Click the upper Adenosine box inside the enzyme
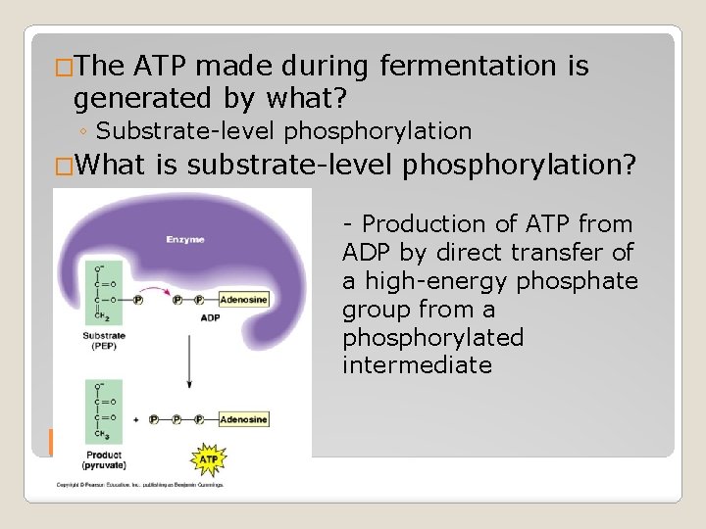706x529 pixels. (x=243, y=301)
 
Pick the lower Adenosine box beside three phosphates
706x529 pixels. (x=243, y=418)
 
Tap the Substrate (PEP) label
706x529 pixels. (x=104, y=339)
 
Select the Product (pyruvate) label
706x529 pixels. (x=104, y=460)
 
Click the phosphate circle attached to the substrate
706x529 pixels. (x=138, y=301)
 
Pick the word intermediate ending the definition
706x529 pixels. (x=417, y=365)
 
